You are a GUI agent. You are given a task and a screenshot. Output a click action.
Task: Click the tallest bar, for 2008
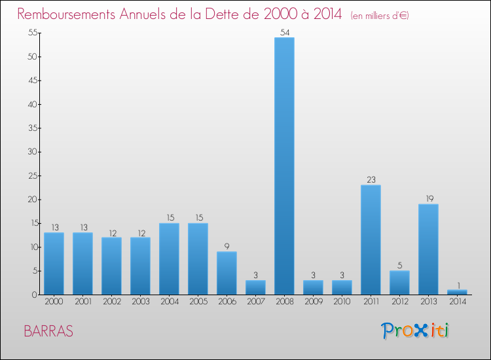[284, 166]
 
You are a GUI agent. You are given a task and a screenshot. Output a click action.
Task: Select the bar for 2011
[371, 240]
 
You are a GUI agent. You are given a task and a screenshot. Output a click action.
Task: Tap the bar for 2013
[428, 249]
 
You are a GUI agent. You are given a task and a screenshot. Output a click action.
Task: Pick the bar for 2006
[227, 273]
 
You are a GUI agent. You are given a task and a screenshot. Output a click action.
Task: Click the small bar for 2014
[457, 292]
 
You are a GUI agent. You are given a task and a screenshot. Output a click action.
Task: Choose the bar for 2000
[54, 263]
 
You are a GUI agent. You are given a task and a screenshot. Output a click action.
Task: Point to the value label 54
[284, 31]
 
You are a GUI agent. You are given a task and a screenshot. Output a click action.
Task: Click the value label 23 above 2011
[371, 179]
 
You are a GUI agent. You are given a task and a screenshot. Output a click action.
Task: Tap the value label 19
[428, 198]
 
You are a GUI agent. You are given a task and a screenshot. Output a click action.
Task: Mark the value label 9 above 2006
[227, 246]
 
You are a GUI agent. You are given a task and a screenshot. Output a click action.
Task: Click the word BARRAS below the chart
[48, 331]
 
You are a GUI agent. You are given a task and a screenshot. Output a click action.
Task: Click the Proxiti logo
[415, 331]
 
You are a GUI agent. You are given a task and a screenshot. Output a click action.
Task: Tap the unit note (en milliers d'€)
[380, 15]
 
